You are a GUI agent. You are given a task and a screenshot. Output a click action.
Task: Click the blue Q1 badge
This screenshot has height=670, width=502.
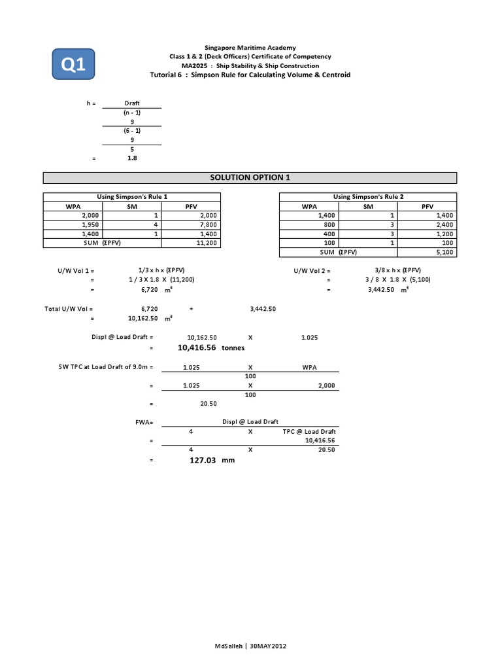coord(74,65)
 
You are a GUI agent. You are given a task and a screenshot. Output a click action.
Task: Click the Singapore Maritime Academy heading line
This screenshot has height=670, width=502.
coord(250,48)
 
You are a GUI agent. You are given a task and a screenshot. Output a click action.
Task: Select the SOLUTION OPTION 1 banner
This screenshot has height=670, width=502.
coord(250,178)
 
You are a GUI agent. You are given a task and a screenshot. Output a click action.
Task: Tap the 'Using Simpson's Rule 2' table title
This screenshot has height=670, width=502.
coord(369,197)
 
